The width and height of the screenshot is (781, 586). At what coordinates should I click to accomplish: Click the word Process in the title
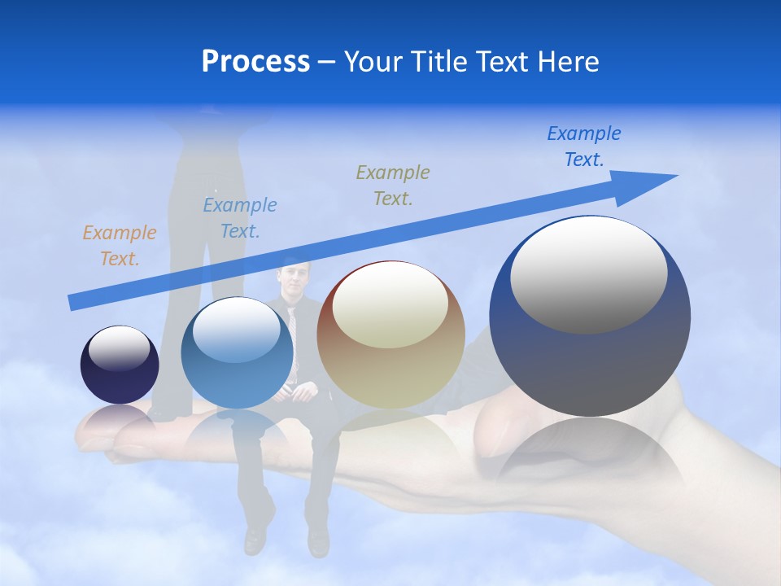click(255, 61)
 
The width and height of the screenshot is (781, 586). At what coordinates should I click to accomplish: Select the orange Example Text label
click(119, 246)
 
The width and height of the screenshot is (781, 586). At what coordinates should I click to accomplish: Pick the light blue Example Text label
click(239, 218)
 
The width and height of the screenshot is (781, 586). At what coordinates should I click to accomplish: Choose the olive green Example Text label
click(392, 185)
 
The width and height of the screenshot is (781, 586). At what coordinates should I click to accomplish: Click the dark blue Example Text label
click(583, 146)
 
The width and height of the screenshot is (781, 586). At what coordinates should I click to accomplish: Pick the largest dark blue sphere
click(590, 358)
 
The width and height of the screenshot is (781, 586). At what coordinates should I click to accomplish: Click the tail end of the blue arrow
click(73, 304)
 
